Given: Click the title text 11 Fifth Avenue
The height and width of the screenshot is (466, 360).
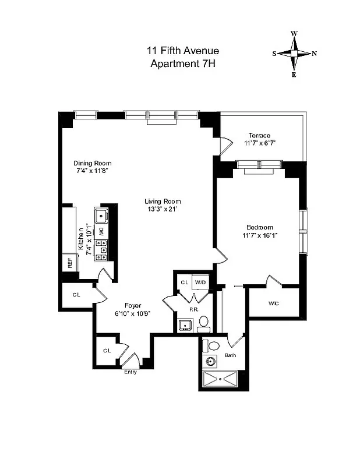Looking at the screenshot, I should tap(182, 51).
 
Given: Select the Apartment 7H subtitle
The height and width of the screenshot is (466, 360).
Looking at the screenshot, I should tap(182, 64).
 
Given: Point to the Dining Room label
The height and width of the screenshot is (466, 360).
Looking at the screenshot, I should tap(92, 163).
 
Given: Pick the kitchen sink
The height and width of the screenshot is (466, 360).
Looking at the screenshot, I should tap(101, 216).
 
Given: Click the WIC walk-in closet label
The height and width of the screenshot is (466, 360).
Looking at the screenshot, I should tap(273, 303).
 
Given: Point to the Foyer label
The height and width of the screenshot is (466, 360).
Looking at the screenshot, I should tap(134, 305).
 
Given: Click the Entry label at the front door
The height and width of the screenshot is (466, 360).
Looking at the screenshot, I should tap(130, 372).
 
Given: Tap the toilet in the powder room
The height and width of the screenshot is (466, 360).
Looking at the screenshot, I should tap(203, 322).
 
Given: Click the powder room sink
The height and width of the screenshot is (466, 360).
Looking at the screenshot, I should tap(185, 325).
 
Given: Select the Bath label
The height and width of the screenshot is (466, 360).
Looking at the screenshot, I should tap(230, 355).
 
